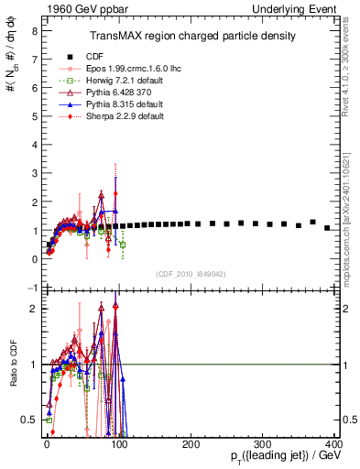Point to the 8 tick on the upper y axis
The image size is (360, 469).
tap(33, 30)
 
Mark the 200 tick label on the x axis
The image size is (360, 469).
tap(191, 443)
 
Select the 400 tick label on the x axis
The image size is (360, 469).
tap(333, 443)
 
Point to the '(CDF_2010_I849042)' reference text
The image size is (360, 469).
tap(191, 274)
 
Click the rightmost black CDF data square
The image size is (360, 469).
tap(327, 228)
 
